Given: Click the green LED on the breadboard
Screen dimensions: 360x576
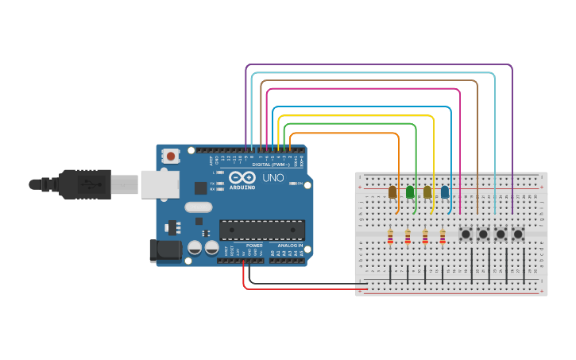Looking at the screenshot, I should click(x=410, y=192).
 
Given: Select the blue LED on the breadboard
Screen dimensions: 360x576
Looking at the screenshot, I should click(x=445, y=192).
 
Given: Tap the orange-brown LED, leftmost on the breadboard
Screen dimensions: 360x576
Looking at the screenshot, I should click(x=392, y=192).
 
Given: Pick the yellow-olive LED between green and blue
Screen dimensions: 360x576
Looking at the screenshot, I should click(x=427, y=192).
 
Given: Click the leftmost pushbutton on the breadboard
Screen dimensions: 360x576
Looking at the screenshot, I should click(x=466, y=234).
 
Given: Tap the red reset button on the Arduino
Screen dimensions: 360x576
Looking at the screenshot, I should click(x=170, y=157).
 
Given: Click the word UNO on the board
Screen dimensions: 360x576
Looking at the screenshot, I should click(x=273, y=178).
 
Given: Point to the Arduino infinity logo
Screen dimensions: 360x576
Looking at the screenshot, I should click(x=242, y=177).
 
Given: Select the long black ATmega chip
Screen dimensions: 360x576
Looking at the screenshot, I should click(x=262, y=230).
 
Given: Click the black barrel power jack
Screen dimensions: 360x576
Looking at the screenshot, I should click(x=164, y=250).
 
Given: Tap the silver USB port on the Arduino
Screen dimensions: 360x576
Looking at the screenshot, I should click(x=160, y=184).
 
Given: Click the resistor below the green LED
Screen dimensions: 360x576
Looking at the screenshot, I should click(x=408, y=236).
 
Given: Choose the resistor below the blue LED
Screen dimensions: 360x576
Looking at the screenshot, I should click(x=443, y=236).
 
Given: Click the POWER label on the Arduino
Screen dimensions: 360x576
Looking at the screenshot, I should click(x=254, y=246).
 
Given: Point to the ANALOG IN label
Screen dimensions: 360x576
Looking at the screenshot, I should click(x=290, y=246).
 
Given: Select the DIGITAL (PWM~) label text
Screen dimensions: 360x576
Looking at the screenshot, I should click(x=270, y=165).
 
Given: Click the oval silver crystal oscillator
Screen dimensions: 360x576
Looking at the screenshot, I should click(x=199, y=207).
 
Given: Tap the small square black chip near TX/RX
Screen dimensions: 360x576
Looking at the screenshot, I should click(x=200, y=188).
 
